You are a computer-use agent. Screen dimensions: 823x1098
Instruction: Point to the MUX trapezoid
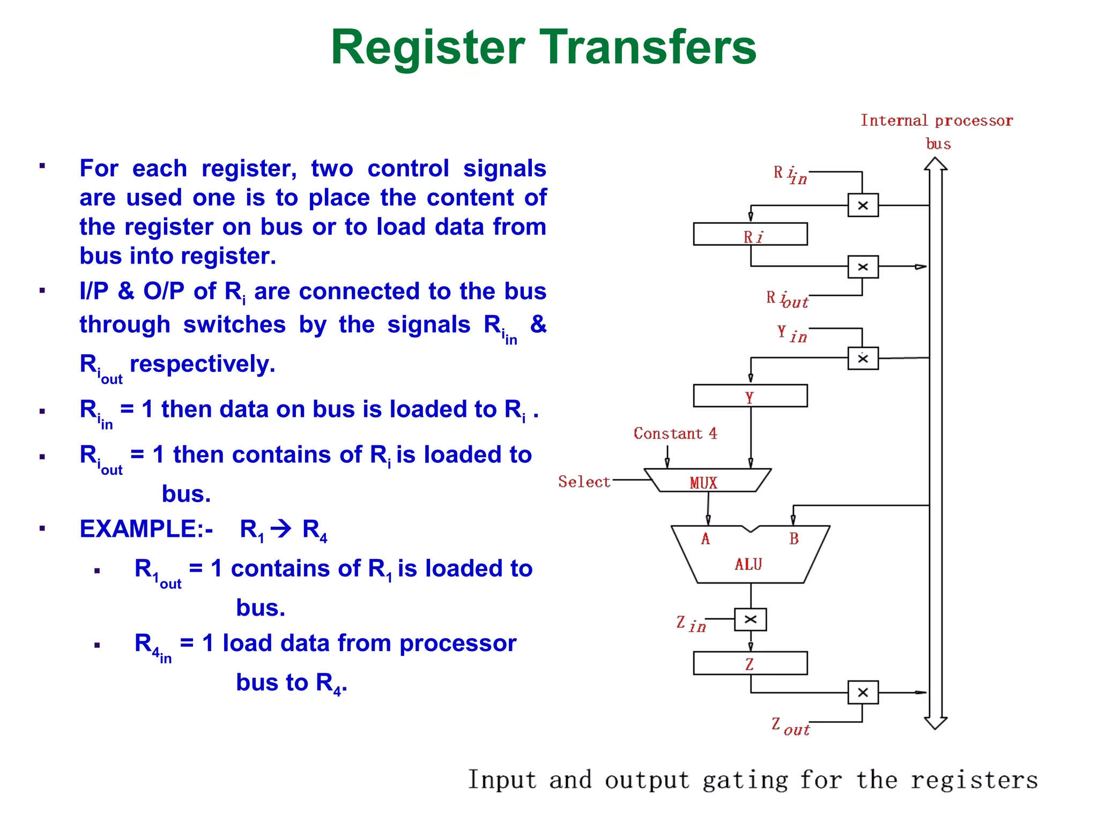tap(707, 481)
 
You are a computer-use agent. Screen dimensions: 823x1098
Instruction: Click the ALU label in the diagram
tap(748, 564)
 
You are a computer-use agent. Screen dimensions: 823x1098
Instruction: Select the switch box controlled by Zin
tap(750, 619)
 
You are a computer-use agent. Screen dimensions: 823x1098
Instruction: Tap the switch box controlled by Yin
tap(863, 358)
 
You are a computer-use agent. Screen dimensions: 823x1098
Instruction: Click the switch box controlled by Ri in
tap(863, 205)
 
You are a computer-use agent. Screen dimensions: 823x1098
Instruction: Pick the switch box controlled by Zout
tap(863, 692)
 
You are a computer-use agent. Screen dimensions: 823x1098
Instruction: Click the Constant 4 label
tap(675, 433)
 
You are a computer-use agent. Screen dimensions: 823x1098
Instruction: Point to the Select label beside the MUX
tap(584, 481)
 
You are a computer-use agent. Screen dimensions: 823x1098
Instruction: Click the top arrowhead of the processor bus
tap(936, 163)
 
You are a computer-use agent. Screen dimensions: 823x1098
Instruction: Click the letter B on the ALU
tap(794, 538)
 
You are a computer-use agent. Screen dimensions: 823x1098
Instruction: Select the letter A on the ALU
tap(706, 538)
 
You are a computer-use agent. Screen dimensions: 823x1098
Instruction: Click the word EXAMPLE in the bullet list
tap(138, 529)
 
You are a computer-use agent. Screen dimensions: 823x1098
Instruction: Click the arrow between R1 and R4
tap(281, 529)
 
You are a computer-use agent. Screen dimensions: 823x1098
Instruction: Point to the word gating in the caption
tap(745, 780)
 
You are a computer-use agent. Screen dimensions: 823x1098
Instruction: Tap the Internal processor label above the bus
tap(936, 121)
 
